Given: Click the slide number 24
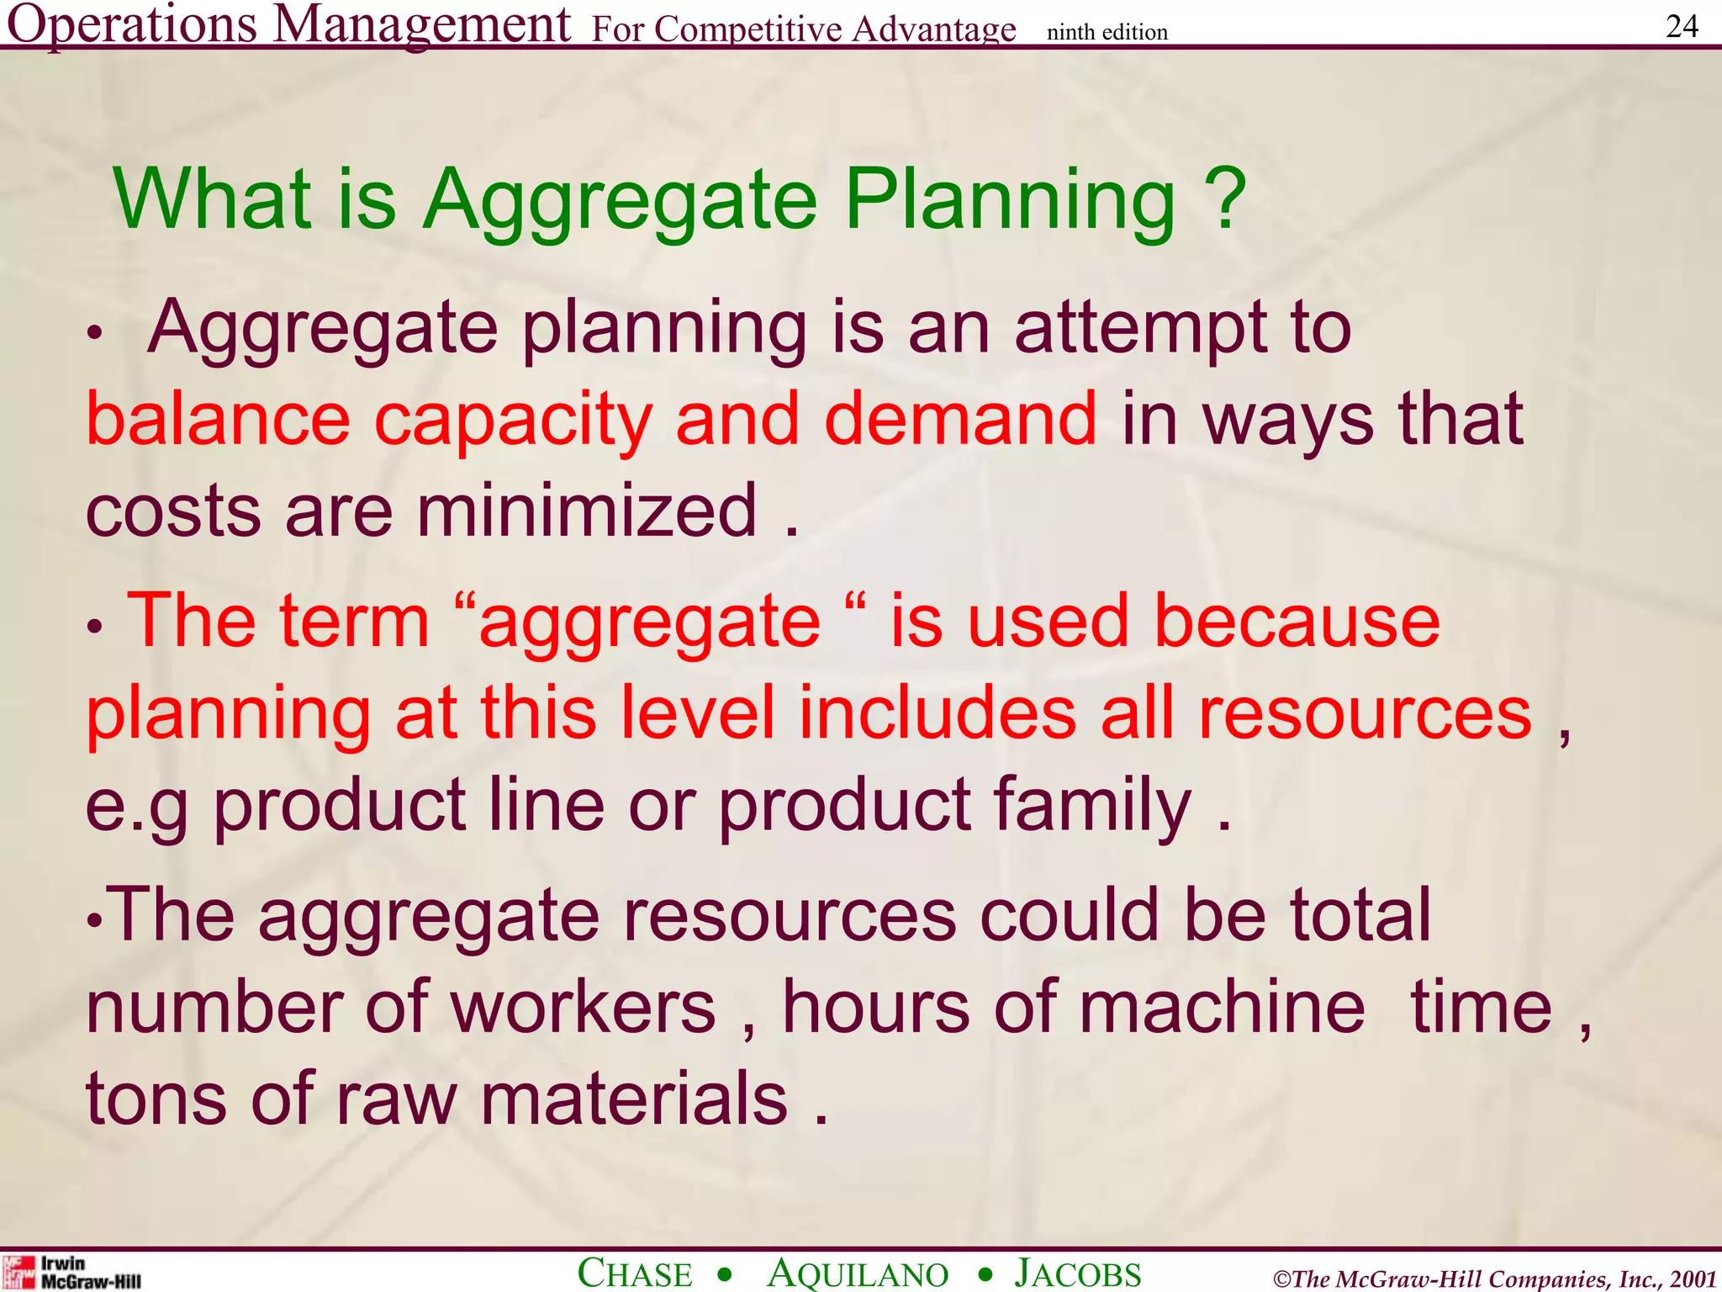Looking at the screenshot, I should [x=1682, y=27].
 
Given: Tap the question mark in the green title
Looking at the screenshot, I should [x=1230, y=199].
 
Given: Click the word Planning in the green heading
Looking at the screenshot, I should [x=1009, y=202].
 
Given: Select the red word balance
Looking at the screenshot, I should [x=218, y=419].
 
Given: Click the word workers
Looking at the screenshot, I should [x=584, y=1007].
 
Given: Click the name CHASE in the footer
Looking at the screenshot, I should [x=635, y=1273].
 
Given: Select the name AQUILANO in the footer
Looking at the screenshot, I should [x=858, y=1273].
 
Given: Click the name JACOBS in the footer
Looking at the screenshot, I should [x=1078, y=1273].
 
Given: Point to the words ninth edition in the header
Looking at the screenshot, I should [x=1107, y=33].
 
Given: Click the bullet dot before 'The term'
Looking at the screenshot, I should [x=95, y=627].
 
